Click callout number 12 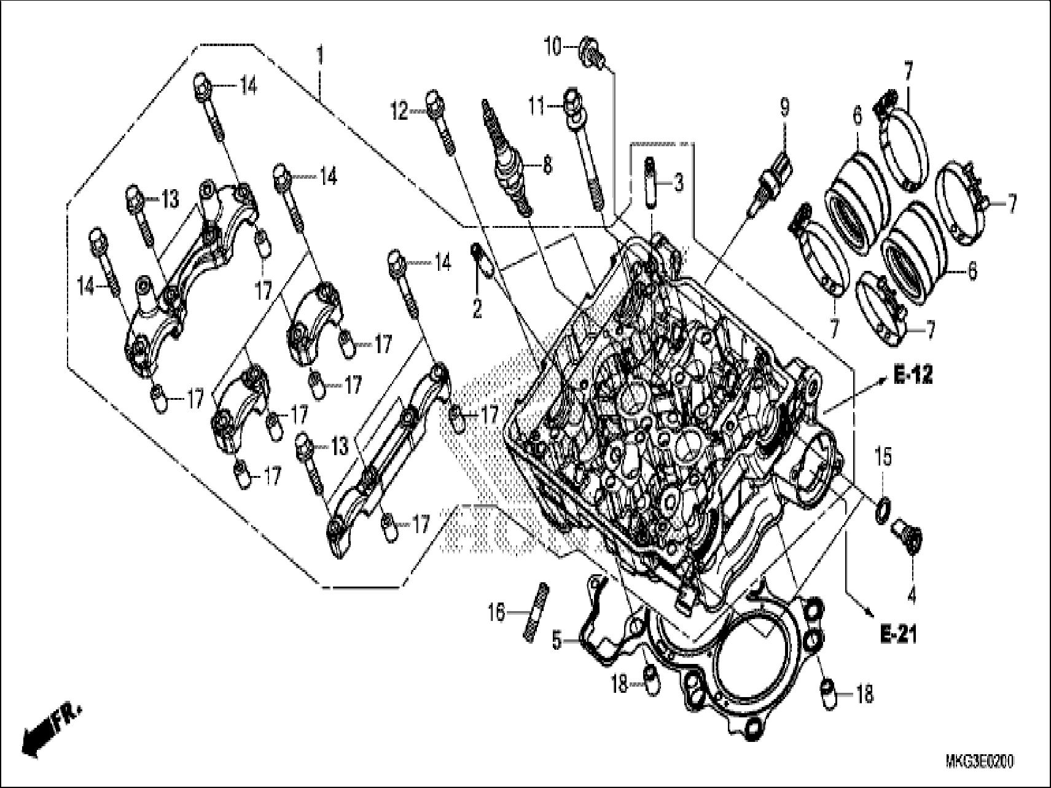pyautogui.click(x=400, y=112)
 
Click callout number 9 pyautogui.click(x=784, y=108)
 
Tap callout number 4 pyautogui.click(x=912, y=595)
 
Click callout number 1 pyautogui.click(x=319, y=57)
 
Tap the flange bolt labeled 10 pyautogui.click(x=590, y=52)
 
